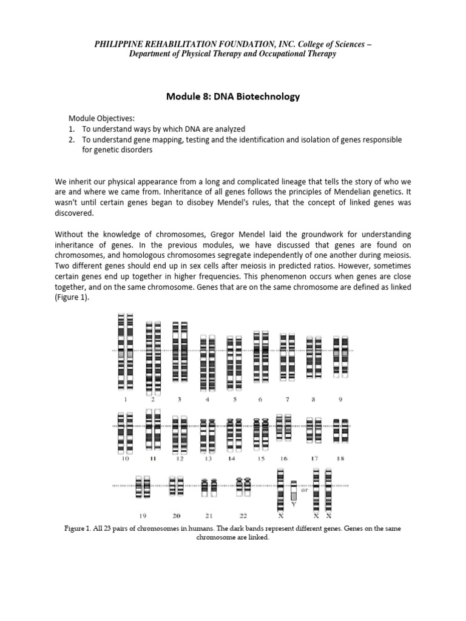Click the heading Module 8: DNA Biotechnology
tap(232, 96)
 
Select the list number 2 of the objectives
tap(71, 139)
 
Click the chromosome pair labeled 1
tap(126, 351)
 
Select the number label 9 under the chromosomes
tap(340, 400)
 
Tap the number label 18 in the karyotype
tap(340, 459)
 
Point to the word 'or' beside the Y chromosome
tap(305, 491)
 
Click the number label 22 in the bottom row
tap(243, 515)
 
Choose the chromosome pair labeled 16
tap(283, 426)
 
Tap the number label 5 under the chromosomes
tap(234, 400)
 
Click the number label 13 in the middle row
tap(208, 459)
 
